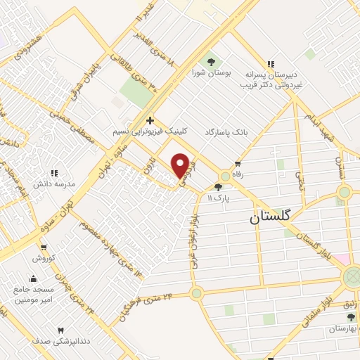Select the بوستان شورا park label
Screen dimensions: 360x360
210,72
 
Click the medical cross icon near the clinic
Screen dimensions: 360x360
150,121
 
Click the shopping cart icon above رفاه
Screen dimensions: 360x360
238,165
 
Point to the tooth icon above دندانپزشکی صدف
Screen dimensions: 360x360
60,330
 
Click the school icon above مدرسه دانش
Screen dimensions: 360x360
54,173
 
